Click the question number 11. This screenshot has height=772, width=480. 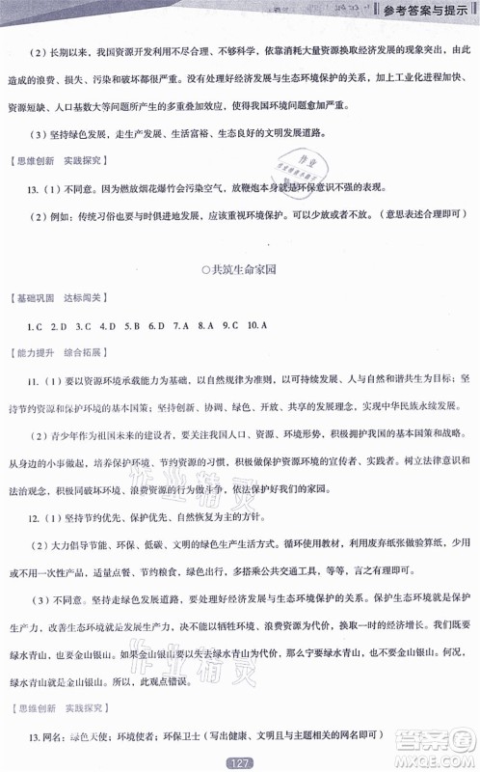click(x=34, y=381)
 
